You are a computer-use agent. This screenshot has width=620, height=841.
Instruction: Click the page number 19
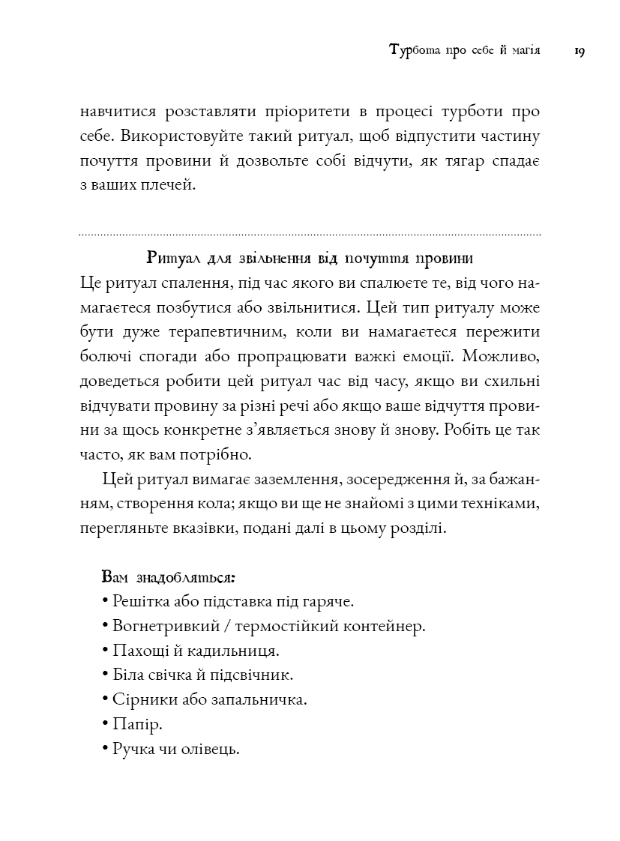tap(579, 52)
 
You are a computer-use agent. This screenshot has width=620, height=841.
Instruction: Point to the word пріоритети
tap(307, 112)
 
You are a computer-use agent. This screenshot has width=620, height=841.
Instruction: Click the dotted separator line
tap(310, 235)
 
